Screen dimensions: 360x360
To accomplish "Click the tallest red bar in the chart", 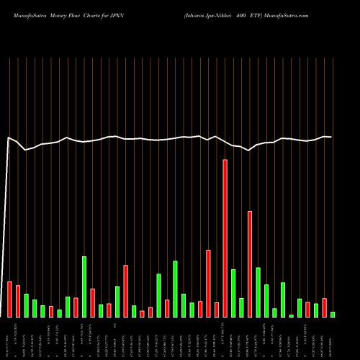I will tap(225, 238).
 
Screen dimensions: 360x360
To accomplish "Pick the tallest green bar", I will tap(84, 287).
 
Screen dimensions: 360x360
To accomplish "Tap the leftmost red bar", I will tap(10, 299).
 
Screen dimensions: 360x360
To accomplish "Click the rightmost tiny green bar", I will tap(333, 315).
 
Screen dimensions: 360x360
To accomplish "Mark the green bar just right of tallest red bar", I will tap(233, 293).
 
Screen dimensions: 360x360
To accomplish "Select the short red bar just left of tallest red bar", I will tap(217, 310).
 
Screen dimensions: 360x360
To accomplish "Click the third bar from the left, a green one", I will tap(27, 305).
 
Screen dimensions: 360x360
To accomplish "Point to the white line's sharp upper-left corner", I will tap(9, 137).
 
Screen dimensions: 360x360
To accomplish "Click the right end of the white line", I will tap(331, 137).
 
